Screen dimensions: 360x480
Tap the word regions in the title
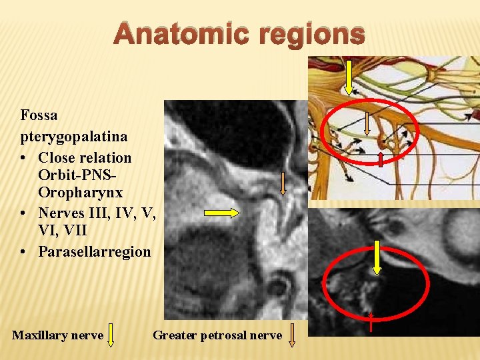(311, 33)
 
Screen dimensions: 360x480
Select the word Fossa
(39, 115)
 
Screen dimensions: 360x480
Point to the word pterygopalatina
(74, 137)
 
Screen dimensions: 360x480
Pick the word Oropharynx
(81, 193)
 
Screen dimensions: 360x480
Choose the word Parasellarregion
(95, 252)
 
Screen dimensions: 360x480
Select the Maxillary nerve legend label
(57, 335)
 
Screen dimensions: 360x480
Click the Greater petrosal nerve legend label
(217, 335)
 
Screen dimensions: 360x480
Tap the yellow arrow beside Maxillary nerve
(111, 335)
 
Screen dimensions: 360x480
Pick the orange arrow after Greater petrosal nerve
(292, 335)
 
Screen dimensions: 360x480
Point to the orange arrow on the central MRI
(283, 183)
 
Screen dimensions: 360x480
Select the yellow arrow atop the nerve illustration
(348, 77)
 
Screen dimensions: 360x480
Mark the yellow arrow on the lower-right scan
(377, 257)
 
